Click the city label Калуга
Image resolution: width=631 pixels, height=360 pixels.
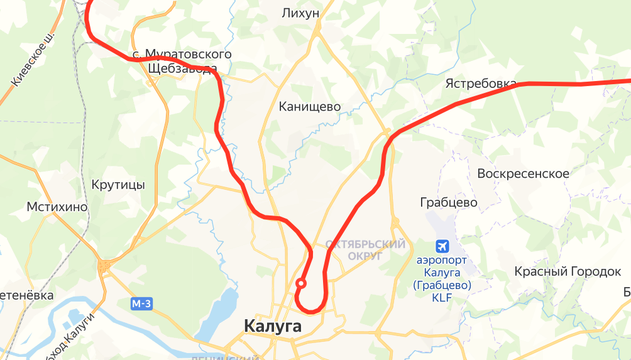272,327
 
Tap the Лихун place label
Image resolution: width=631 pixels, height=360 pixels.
300,13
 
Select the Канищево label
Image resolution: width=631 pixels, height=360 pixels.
310,107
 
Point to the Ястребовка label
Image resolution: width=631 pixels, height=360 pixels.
481,84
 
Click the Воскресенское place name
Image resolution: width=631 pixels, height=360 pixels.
523,173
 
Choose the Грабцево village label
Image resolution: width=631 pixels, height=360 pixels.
448,202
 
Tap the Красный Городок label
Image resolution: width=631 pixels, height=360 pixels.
568,271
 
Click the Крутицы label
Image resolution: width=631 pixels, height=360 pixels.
118,185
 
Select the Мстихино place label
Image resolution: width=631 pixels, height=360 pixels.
57,207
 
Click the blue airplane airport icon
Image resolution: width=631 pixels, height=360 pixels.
443,245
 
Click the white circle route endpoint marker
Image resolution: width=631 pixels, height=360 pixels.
301,283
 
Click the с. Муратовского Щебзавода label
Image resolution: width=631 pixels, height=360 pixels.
182,61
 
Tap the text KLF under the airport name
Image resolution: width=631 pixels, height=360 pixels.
442,298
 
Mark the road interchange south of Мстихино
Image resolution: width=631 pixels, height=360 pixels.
104,266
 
